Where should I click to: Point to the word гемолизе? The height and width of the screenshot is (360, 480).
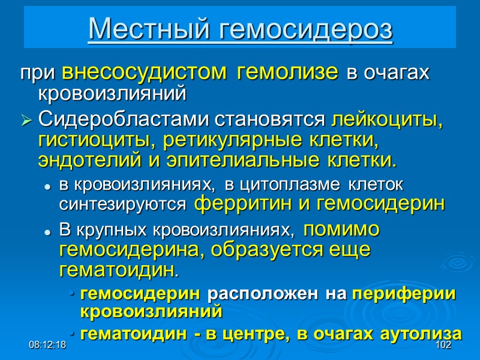click(288, 73)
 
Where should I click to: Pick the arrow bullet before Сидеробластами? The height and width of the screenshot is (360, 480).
click(26, 122)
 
